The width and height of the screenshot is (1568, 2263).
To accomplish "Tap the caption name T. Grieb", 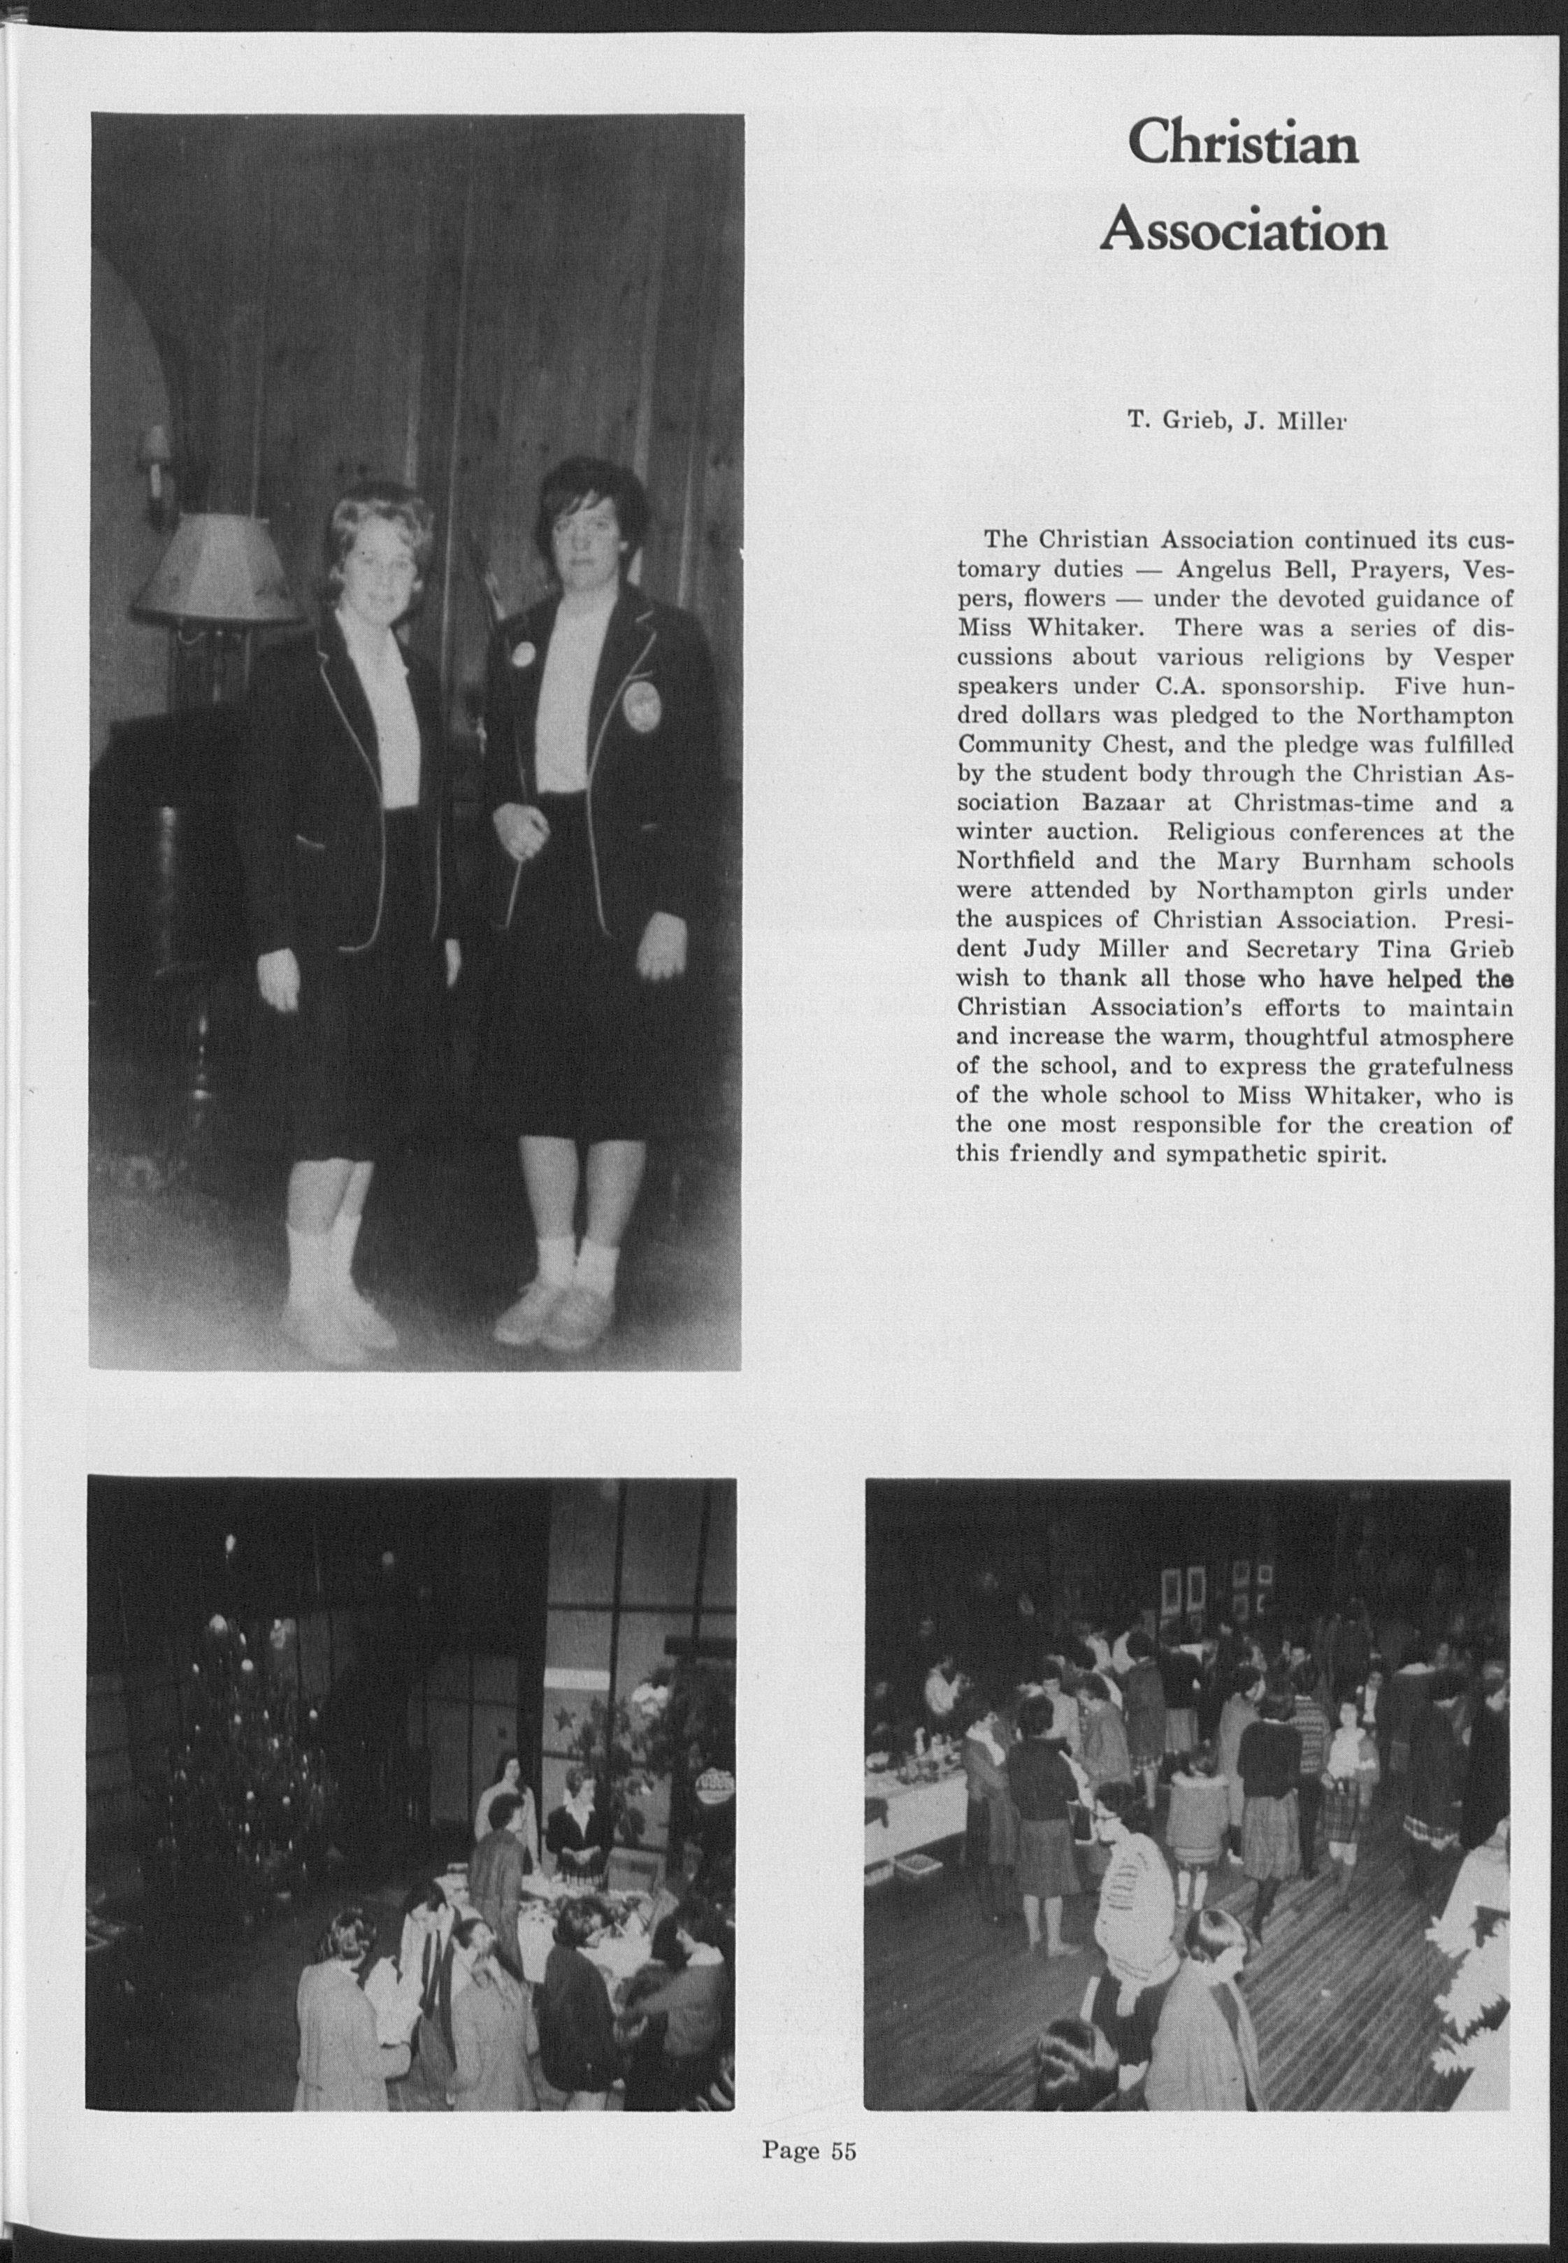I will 1171,422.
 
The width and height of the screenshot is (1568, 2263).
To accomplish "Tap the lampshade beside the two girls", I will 216,569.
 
